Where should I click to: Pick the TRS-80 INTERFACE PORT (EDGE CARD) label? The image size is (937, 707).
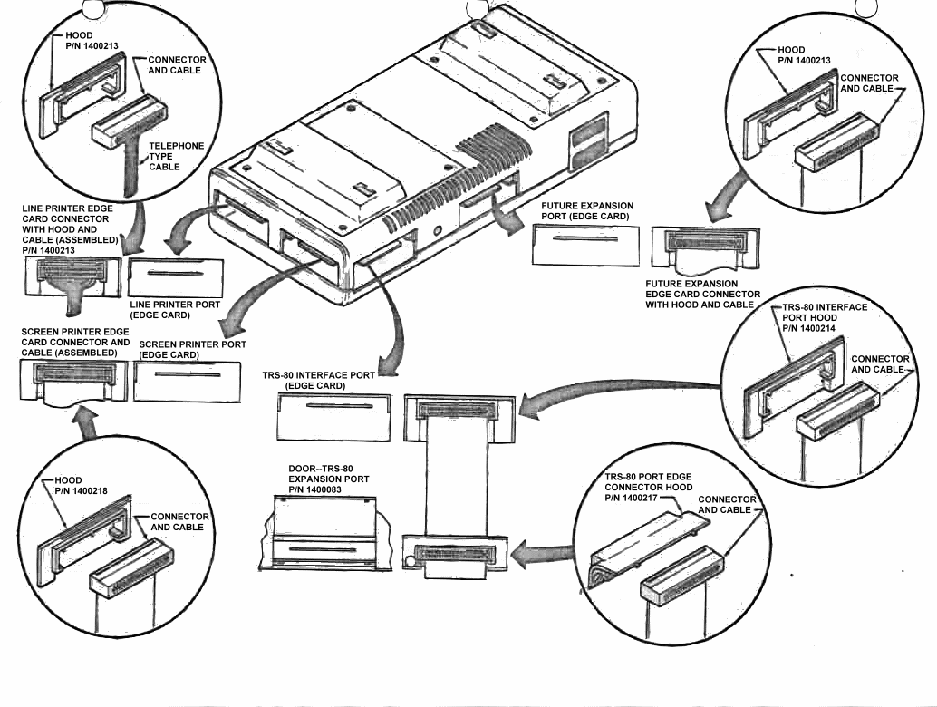point(322,380)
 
